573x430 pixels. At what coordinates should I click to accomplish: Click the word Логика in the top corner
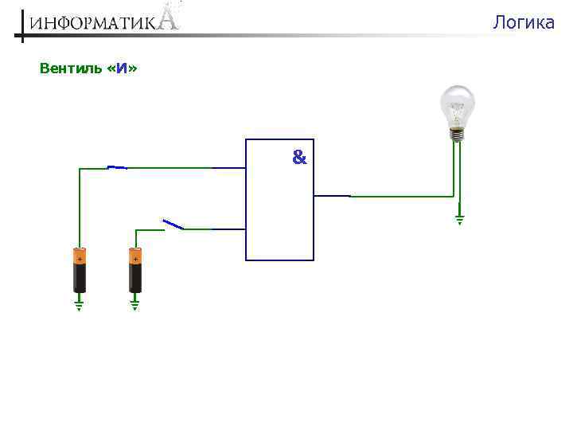(523, 22)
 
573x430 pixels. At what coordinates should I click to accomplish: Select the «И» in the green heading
(121, 68)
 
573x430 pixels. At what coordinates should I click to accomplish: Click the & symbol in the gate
(298, 158)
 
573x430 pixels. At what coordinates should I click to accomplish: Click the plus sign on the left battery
(80, 259)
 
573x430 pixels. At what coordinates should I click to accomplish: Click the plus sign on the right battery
(135, 259)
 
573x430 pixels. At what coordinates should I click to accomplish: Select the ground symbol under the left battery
(79, 304)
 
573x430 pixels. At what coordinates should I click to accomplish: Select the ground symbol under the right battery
(134, 304)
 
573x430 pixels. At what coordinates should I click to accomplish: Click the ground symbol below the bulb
(459, 218)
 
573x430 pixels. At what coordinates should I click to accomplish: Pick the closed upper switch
(117, 167)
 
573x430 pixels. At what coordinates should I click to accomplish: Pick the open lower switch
(173, 225)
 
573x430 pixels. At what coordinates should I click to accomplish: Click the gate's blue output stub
(332, 195)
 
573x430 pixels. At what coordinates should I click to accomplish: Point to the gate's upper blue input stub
(229, 168)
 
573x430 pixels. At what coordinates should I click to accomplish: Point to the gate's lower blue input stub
(229, 229)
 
